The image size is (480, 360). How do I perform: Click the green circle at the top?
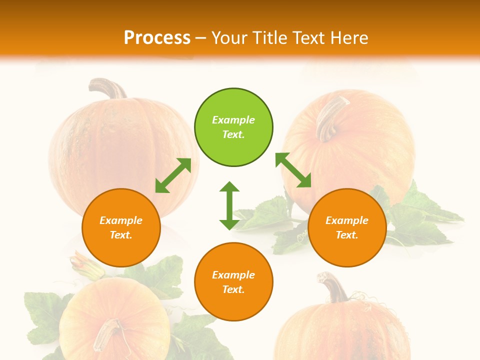(x=233, y=127)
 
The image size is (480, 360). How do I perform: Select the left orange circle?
(x=121, y=227)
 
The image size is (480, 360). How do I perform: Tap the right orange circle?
(x=347, y=227)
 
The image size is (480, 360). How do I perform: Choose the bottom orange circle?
(x=233, y=282)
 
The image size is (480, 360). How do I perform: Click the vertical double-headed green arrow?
(x=229, y=205)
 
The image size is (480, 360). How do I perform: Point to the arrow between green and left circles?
(x=173, y=175)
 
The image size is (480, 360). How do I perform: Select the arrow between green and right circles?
(x=293, y=170)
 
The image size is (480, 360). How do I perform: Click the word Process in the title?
(x=157, y=37)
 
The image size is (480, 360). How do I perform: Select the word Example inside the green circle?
(x=233, y=120)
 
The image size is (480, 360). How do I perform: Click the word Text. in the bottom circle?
(x=233, y=289)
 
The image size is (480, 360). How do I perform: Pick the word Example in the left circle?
(x=121, y=220)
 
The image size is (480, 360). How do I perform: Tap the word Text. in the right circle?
(x=347, y=235)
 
